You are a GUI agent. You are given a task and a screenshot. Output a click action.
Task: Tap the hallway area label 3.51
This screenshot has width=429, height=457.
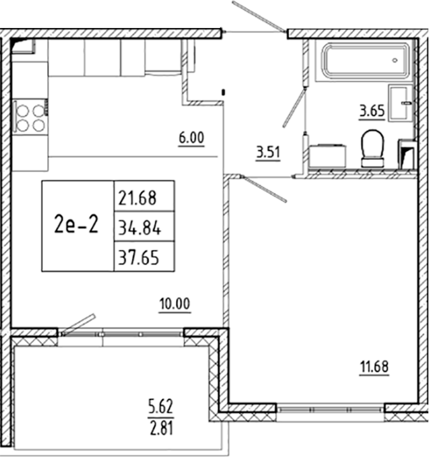pyautogui.click(x=268, y=152)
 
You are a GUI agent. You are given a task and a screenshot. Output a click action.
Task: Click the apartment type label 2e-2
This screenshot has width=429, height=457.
pyautogui.click(x=77, y=225)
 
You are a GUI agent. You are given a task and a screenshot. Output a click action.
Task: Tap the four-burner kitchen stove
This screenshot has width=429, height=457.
pyautogui.click(x=30, y=117)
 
